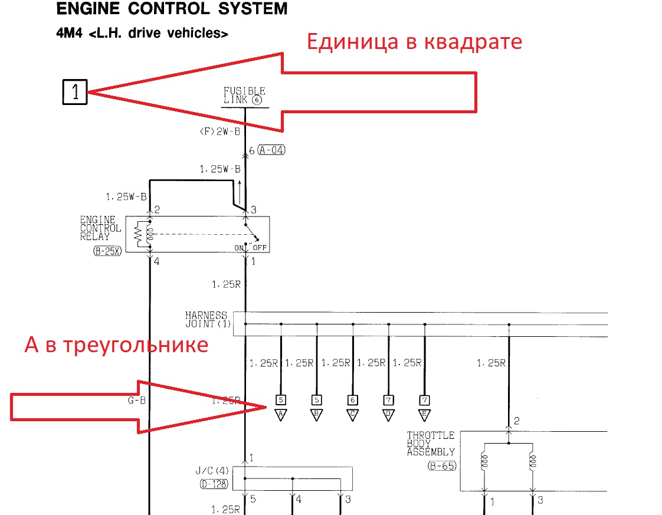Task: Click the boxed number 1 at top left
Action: [75, 92]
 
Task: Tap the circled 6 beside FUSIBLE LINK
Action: [256, 100]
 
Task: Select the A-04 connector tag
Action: [271, 150]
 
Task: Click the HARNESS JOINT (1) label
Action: [207, 320]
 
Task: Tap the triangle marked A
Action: [281, 415]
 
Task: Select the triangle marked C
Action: [352, 415]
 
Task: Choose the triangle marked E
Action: [424, 415]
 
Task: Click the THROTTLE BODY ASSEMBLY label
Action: [431, 444]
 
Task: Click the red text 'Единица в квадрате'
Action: [414, 41]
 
